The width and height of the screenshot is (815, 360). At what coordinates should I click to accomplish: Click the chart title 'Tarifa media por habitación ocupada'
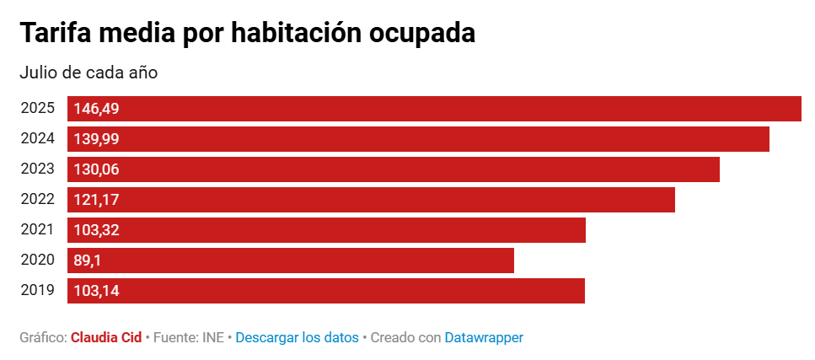[x=248, y=33]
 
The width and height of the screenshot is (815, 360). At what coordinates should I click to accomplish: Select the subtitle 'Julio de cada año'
[x=88, y=73]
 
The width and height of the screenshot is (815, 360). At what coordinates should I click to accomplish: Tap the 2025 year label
[x=38, y=109]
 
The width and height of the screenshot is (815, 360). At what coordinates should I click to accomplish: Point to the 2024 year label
[x=38, y=139]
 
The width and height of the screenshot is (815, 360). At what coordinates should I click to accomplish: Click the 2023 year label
[x=38, y=169]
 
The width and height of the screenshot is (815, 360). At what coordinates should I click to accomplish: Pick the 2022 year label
[x=38, y=200]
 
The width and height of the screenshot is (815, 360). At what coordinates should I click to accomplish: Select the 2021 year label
[x=38, y=230]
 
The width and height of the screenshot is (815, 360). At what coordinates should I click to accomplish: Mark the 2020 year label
[x=38, y=261]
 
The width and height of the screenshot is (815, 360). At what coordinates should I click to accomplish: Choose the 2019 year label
[x=38, y=291]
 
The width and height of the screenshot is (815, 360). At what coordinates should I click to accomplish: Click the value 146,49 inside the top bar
[x=97, y=109]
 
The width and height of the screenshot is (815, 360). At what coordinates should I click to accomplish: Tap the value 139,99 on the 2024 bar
[x=97, y=139]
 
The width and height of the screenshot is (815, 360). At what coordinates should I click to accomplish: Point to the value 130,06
[x=97, y=169]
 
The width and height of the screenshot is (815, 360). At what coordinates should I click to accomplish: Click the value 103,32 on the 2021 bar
[x=97, y=230]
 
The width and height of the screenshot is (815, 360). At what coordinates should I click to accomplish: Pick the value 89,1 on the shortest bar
[x=88, y=261]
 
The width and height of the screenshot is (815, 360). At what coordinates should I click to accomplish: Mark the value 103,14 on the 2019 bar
[x=97, y=291]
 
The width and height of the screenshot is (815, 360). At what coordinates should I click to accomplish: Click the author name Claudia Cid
[x=106, y=337]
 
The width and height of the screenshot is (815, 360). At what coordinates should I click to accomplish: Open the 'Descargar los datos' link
[x=297, y=337]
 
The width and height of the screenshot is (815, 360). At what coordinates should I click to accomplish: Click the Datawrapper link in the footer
[x=484, y=337]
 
